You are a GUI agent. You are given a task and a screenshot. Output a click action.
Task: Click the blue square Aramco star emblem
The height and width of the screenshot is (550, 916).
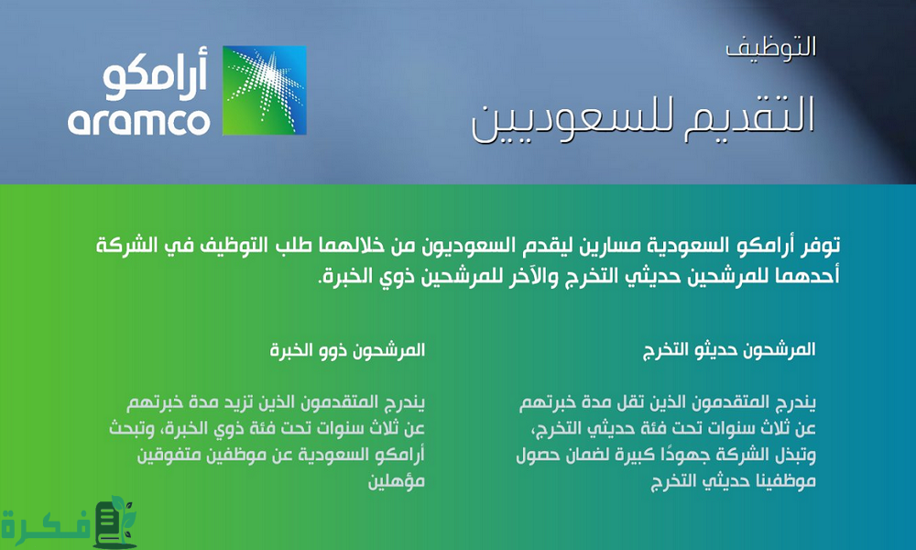coord(265,91)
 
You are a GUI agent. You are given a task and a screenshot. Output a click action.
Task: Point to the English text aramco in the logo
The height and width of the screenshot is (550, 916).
coord(138,120)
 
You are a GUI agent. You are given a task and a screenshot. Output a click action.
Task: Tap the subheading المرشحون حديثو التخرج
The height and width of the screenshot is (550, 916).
coord(730,349)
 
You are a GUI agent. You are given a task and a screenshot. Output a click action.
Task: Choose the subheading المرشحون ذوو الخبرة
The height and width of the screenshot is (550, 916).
coord(349,349)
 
